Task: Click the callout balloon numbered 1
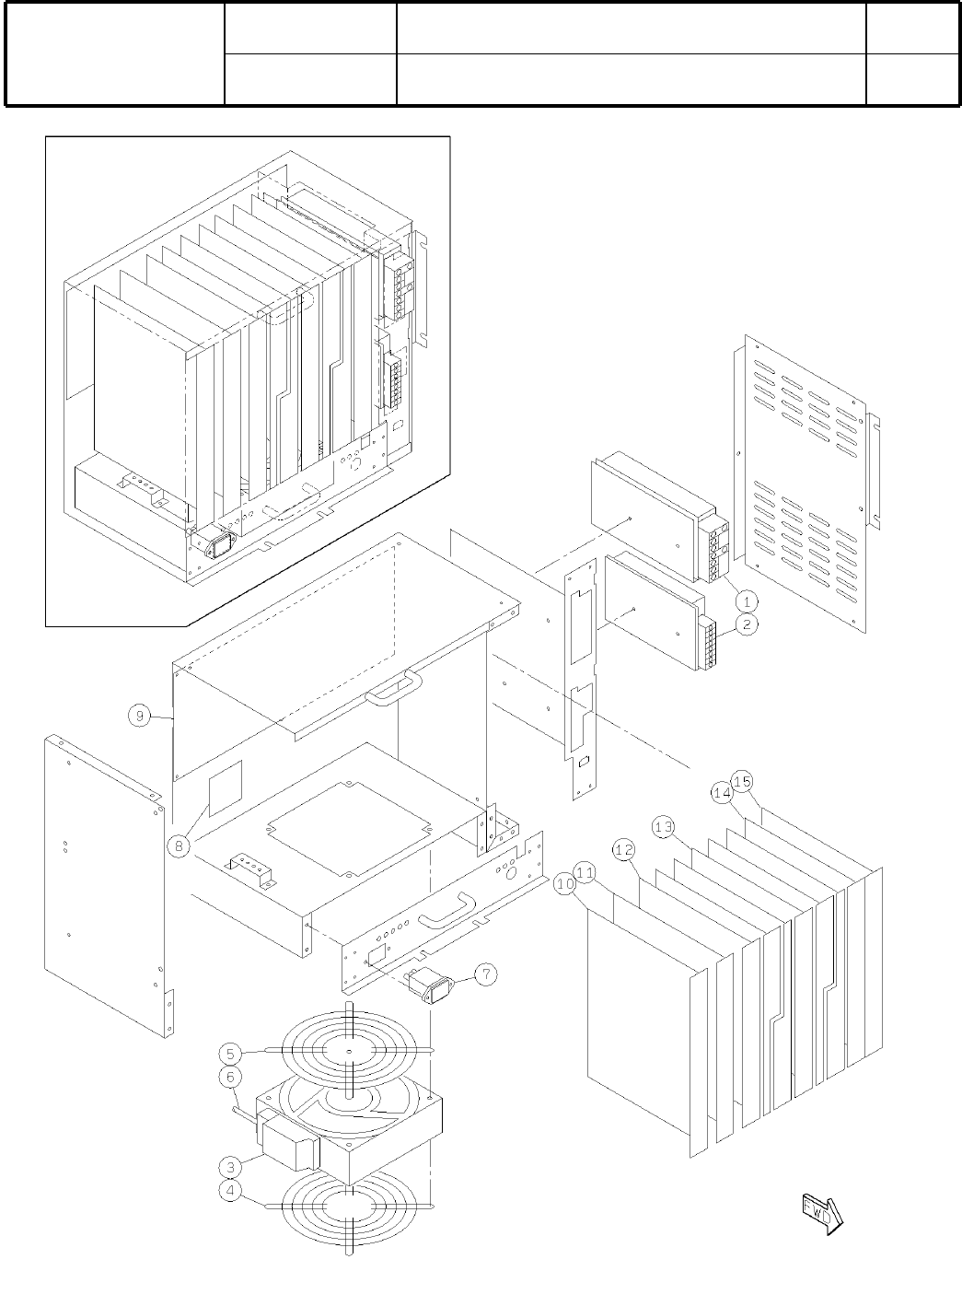click(x=748, y=601)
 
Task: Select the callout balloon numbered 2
click(x=748, y=624)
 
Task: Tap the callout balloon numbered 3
click(x=232, y=1168)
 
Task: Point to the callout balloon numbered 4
click(x=232, y=1191)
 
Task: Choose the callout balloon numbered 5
click(x=232, y=1053)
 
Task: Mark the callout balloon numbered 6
click(x=232, y=1076)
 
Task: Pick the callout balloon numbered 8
click(x=180, y=845)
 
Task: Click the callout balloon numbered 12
click(x=625, y=849)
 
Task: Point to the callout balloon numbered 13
click(x=664, y=826)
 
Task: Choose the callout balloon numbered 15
click(x=743, y=781)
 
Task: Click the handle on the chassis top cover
click(x=393, y=688)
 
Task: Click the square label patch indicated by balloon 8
click(x=226, y=788)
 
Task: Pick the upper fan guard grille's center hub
click(x=351, y=1052)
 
